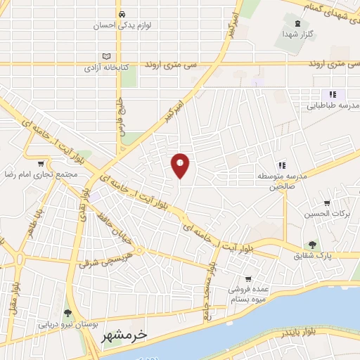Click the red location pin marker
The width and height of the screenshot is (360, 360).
tap(181, 165)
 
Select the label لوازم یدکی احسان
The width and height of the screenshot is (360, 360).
tap(122, 25)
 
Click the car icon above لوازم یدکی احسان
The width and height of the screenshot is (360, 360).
tap(122, 13)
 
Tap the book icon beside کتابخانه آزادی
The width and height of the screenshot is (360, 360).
tap(106, 56)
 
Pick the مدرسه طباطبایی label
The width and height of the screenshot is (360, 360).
tap(333, 106)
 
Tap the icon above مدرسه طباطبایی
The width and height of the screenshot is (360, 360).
tap(333, 94)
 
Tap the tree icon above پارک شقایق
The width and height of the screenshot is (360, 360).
tap(310, 245)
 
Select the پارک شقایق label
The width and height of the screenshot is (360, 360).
tap(310, 257)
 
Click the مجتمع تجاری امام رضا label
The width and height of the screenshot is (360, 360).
tap(39, 174)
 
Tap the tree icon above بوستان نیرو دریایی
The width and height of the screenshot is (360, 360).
tap(68, 312)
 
